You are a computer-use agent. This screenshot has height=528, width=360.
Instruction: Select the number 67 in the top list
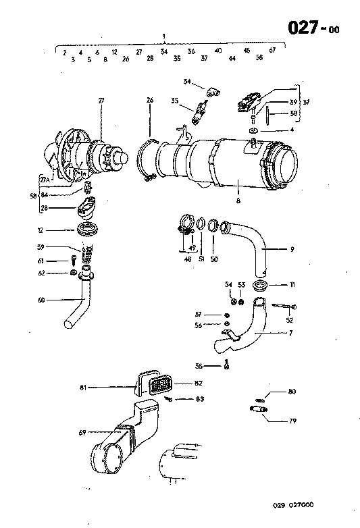pyautogui.click(x=272, y=51)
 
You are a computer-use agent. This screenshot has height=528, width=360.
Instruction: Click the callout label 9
pyautogui.click(x=292, y=250)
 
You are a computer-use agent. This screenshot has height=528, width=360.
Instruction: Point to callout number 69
pyautogui.click(x=83, y=431)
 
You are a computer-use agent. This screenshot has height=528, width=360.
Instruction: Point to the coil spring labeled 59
pyautogui.click(x=86, y=254)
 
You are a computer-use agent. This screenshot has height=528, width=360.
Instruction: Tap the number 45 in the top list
pyautogui.click(x=247, y=51)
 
